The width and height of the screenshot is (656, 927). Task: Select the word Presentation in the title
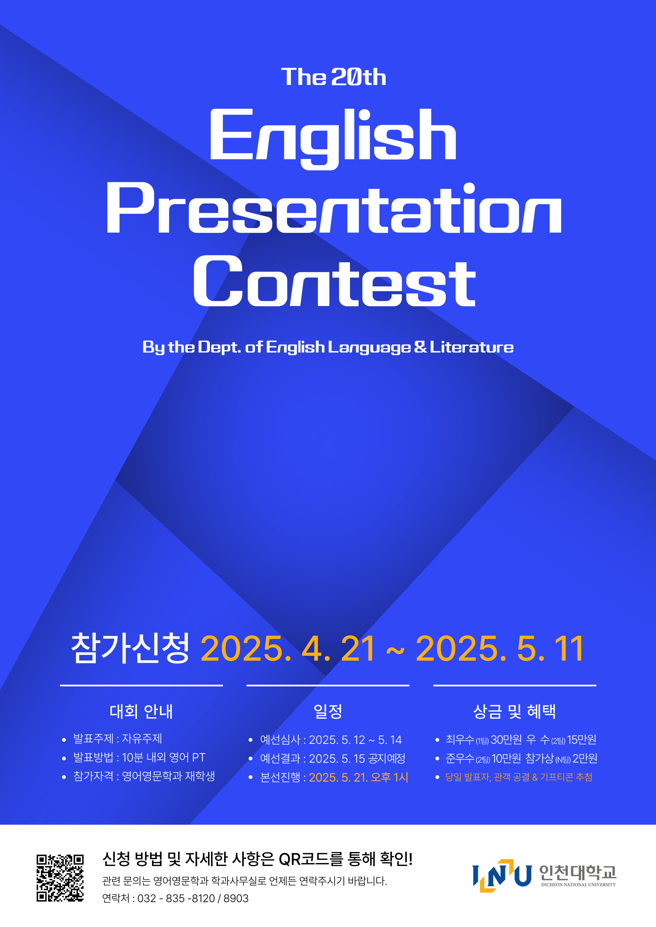[334, 207]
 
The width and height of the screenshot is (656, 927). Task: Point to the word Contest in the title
[335, 281]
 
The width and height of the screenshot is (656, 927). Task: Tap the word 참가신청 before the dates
[130, 648]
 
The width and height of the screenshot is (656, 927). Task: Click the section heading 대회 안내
[142, 711]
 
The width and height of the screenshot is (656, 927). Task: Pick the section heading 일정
[328, 711]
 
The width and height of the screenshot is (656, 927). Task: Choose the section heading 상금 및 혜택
[514, 711]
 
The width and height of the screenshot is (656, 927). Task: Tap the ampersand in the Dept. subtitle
[420, 347]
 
